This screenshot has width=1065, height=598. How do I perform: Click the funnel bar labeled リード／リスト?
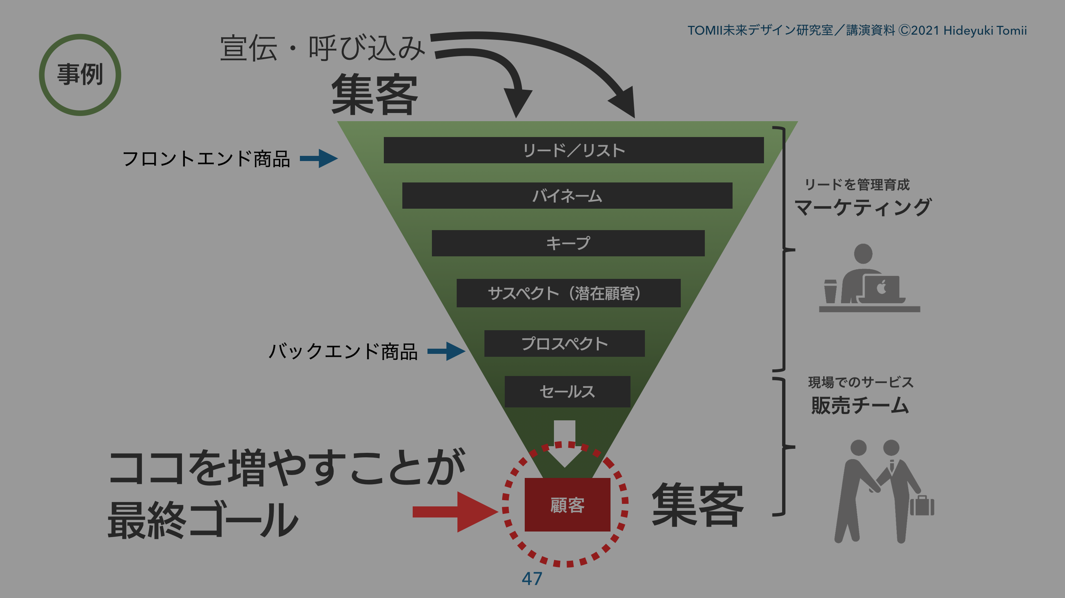pyautogui.click(x=574, y=150)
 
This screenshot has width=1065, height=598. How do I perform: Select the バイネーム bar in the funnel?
pyautogui.click(x=567, y=196)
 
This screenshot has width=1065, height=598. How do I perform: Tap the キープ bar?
pyautogui.click(x=568, y=243)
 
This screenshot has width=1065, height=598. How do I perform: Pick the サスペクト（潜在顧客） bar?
pyautogui.click(x=568, y=293)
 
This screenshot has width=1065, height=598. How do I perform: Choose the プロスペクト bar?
pyautogui.click(x=564, y=344)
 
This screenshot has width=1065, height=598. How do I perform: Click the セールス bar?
pyautogui.click(x=567, y=392)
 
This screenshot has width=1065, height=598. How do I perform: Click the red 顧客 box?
pyautogui.click(x=567, y=505)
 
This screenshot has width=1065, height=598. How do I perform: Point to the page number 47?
pyautogui.click(x=532, y=578)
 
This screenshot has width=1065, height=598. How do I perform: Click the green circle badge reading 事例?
pyautogui.click(x=80, y=75)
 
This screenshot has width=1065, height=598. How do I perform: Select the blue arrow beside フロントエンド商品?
pyautogui.click(x=319, y=158)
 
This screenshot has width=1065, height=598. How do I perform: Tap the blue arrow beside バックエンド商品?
pyautogui.click(x=446, y=351)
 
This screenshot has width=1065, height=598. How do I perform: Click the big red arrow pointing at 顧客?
pyautogui.click(x=455, y=512)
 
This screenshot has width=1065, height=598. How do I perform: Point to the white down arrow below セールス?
pyautogui.click(x=564, y=444)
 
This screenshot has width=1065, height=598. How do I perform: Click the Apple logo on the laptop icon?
pyautogui.click(x=882, y=287)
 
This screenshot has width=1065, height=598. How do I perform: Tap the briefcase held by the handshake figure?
pyautogui.click(x=922, y=506)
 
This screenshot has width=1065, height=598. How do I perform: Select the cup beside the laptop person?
pyautogui.click(x=830, y=291)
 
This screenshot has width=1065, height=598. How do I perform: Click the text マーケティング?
pyautogui.click(x=862, y=207)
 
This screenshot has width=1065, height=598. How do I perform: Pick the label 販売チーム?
pyautogui.click(x=860, y=406)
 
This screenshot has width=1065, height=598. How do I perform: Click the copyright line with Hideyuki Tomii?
pyautogui.click(x=857, y=31)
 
